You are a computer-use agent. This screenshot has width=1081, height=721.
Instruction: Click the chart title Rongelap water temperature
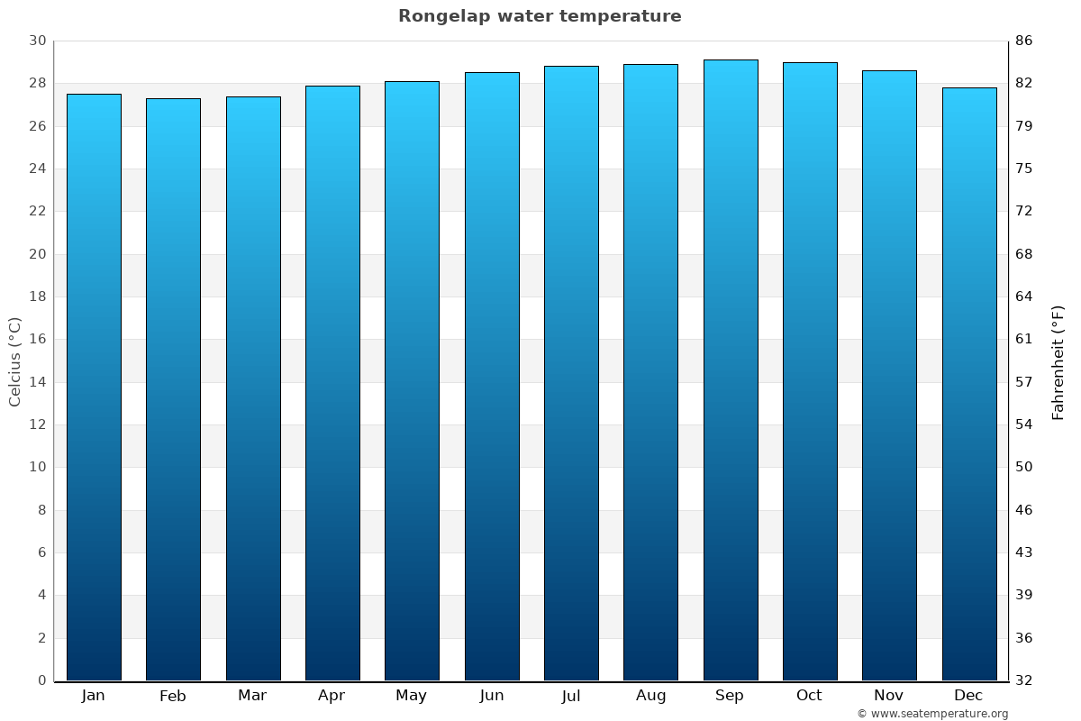pos(540,16)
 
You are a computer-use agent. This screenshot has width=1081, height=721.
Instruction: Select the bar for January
pos(94,388)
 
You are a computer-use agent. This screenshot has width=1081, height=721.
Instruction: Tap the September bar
pos(730,370)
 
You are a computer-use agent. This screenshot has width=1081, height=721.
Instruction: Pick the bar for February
pos(173,389)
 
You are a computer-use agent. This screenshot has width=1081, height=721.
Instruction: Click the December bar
pos(968,384)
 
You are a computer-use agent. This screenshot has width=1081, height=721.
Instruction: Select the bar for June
pos(492,377)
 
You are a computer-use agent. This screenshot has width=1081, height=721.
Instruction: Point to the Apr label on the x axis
pos(332,696)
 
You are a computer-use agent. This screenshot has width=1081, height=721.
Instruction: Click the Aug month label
pos(650,696)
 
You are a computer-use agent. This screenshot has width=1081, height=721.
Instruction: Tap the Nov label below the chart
pos(888,696)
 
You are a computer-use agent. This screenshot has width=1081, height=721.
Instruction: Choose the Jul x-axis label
pos(570,696)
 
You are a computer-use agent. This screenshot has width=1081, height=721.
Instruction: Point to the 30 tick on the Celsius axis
pos(37,41)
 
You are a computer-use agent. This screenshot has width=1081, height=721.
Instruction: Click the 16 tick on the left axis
pos(37,340)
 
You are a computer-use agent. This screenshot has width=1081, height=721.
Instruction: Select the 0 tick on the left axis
pos(41,680)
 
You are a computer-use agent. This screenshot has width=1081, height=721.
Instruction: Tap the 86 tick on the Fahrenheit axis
pos(1024,41)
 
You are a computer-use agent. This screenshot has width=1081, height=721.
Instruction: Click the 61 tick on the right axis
pos(1024,340)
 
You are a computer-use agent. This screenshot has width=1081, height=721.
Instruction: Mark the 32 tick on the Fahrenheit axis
pos(1024,680)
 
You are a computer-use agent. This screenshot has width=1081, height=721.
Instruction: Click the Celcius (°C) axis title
pos(14,361)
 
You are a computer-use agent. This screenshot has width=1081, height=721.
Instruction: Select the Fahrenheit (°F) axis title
pos(1058,361)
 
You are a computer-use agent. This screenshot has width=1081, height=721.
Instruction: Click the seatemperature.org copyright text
pos(931,714)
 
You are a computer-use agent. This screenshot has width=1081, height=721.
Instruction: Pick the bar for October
pos(809,371)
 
